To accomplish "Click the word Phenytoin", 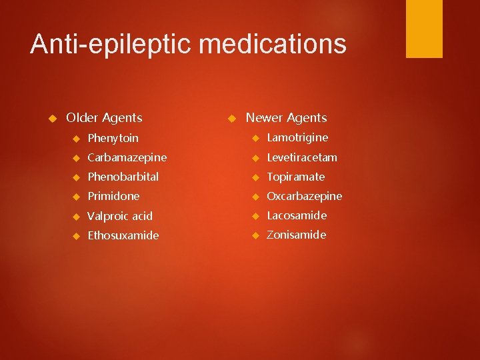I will [113, 138].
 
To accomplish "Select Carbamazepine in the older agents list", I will [127, 157].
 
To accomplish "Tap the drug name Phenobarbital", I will [123, 177].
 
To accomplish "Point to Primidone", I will [114, 196].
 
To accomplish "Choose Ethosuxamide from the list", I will [123, 235].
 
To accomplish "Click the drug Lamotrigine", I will [297, 137].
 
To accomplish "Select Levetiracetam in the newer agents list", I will [302, 157].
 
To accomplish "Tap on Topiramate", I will [296, 177].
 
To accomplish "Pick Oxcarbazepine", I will [304, 196].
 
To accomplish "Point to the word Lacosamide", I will [297, 215].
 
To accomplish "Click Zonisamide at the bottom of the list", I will [297, 235].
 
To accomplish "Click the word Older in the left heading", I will [82, 118].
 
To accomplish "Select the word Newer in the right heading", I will [265, 118].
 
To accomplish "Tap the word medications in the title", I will [273, 45].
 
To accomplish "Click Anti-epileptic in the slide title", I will [111, 45].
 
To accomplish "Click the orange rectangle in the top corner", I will [424, 29].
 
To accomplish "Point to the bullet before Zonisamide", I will [255, 235].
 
